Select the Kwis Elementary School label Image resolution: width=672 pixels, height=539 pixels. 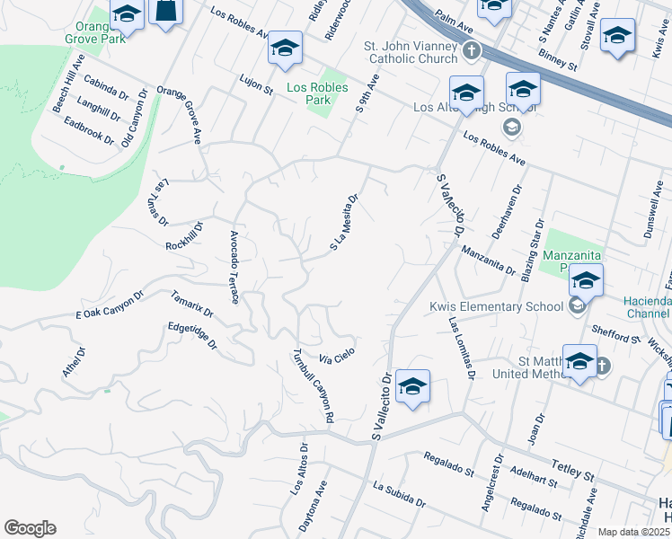coord(497,307)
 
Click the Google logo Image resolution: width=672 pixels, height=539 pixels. coord(30,528)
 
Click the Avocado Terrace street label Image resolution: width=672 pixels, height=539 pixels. coord(234,267)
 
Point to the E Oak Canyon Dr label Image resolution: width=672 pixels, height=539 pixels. coord(110,305)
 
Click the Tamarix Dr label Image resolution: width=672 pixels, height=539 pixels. coord(192,305)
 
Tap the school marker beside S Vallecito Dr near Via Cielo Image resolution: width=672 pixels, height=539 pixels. coord(412,386)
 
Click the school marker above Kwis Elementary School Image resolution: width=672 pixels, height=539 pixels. coord(586,282)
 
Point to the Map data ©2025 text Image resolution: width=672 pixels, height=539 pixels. coord(632,532)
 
